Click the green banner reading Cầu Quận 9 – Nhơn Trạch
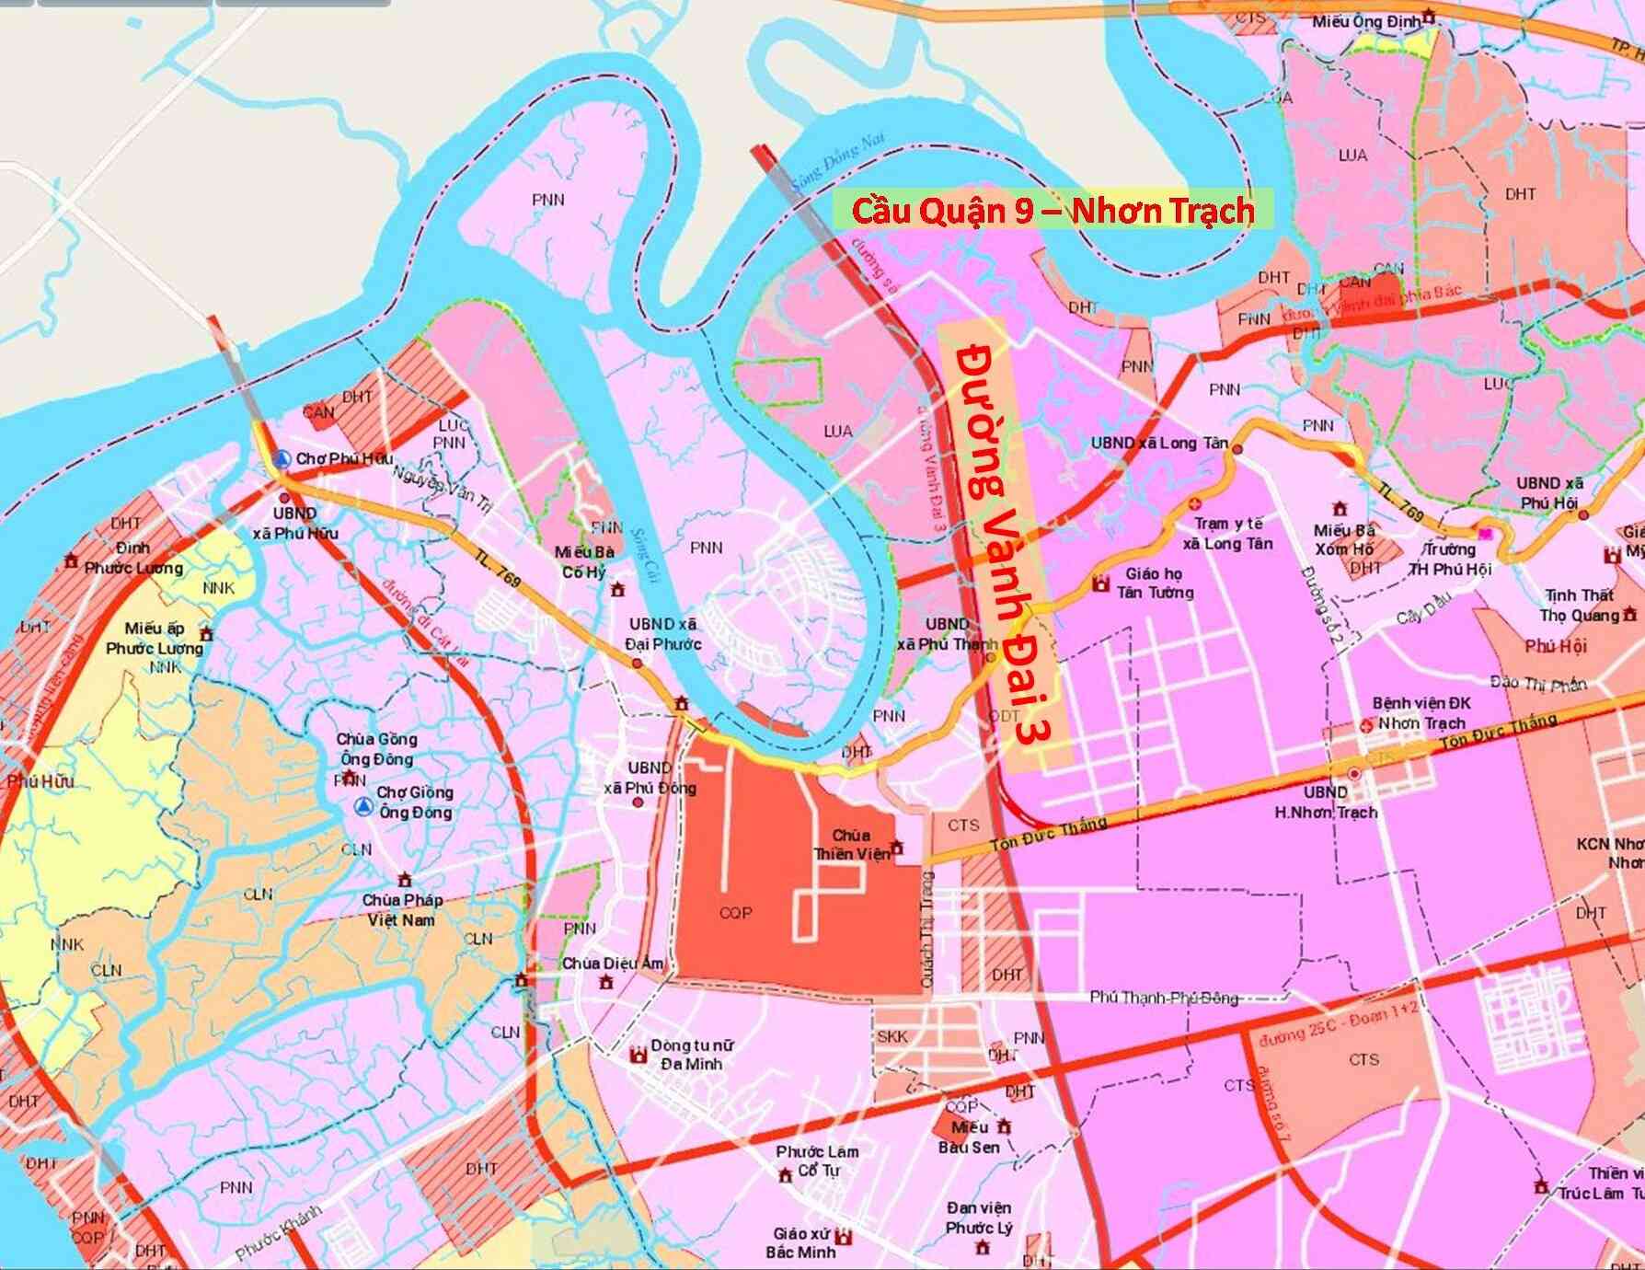point(1053,210)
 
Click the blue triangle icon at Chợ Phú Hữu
point(285,458)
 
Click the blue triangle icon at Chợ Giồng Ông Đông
point(364,807)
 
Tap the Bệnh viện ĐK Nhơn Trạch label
point(1421,712)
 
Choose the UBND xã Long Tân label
point(1159,444)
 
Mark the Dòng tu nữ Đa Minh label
point(685,1055)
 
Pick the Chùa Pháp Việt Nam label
point(402,909)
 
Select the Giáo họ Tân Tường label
point(1155,583)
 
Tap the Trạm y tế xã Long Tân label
point(1227,534)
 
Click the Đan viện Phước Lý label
point(979,1218)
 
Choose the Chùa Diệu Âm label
point(614,964)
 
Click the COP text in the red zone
point(736,912)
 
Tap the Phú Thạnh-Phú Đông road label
point(1164,998)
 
